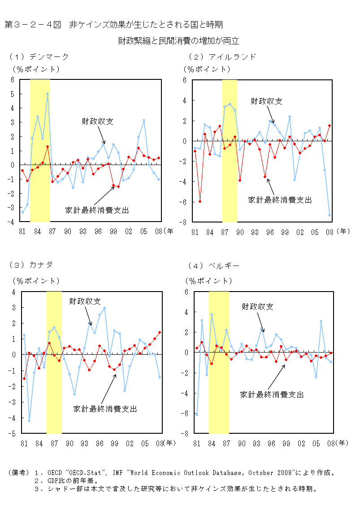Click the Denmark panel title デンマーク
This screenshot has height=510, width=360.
pos(49,57)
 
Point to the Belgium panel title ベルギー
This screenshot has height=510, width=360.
pos(224,266)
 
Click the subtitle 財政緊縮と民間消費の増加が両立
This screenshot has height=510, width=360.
pos(178,41)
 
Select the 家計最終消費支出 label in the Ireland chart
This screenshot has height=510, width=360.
pos(280,200)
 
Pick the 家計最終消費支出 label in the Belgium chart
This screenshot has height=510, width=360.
pos(272,394)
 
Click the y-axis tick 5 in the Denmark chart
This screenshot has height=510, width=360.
pos(13,94)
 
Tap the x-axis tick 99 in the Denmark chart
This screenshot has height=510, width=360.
pos(113,231)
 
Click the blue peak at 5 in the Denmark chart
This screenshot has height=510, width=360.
pos(47,94)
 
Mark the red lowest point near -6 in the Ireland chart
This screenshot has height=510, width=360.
pos(200,201)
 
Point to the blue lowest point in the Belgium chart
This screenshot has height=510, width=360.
pos(196,415)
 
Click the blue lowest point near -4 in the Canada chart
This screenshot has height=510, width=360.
pos(29,421)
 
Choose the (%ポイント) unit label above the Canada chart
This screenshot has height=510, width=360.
pos(36,281)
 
